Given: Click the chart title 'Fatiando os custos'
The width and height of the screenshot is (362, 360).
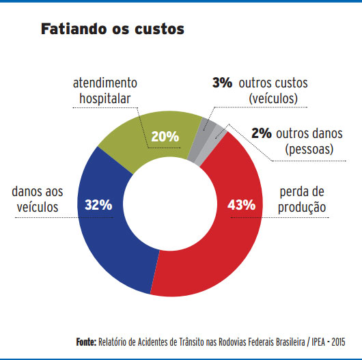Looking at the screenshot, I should (113, 30).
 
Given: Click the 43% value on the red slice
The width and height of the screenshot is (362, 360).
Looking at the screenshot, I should (240, 204).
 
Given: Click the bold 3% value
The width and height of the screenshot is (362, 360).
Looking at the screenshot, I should (222, 83).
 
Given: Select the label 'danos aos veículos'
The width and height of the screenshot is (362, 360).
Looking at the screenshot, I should (40, 198).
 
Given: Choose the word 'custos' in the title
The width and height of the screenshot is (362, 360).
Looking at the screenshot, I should (159, 30).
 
